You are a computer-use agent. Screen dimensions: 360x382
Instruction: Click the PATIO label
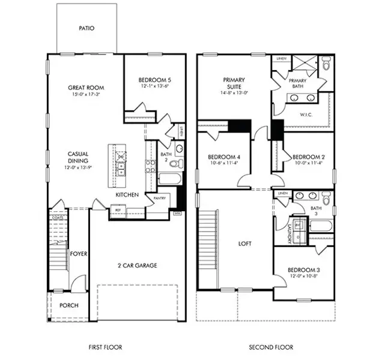(86, 28)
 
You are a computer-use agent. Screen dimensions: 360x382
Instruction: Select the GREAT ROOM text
(86, 88)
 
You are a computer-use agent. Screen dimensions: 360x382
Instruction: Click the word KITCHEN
(127, 195)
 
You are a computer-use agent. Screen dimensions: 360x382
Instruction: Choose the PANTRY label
(159, 197)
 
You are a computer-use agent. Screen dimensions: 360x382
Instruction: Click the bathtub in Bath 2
(166, 178)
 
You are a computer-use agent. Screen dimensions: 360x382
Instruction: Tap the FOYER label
(78, 254)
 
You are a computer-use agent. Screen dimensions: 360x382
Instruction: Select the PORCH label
(68, 305)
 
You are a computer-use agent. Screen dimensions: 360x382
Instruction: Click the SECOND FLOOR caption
(271, 347)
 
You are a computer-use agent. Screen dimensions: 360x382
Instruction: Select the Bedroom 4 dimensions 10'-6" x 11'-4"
(223, 162)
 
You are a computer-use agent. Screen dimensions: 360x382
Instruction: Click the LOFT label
(244, 244)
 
